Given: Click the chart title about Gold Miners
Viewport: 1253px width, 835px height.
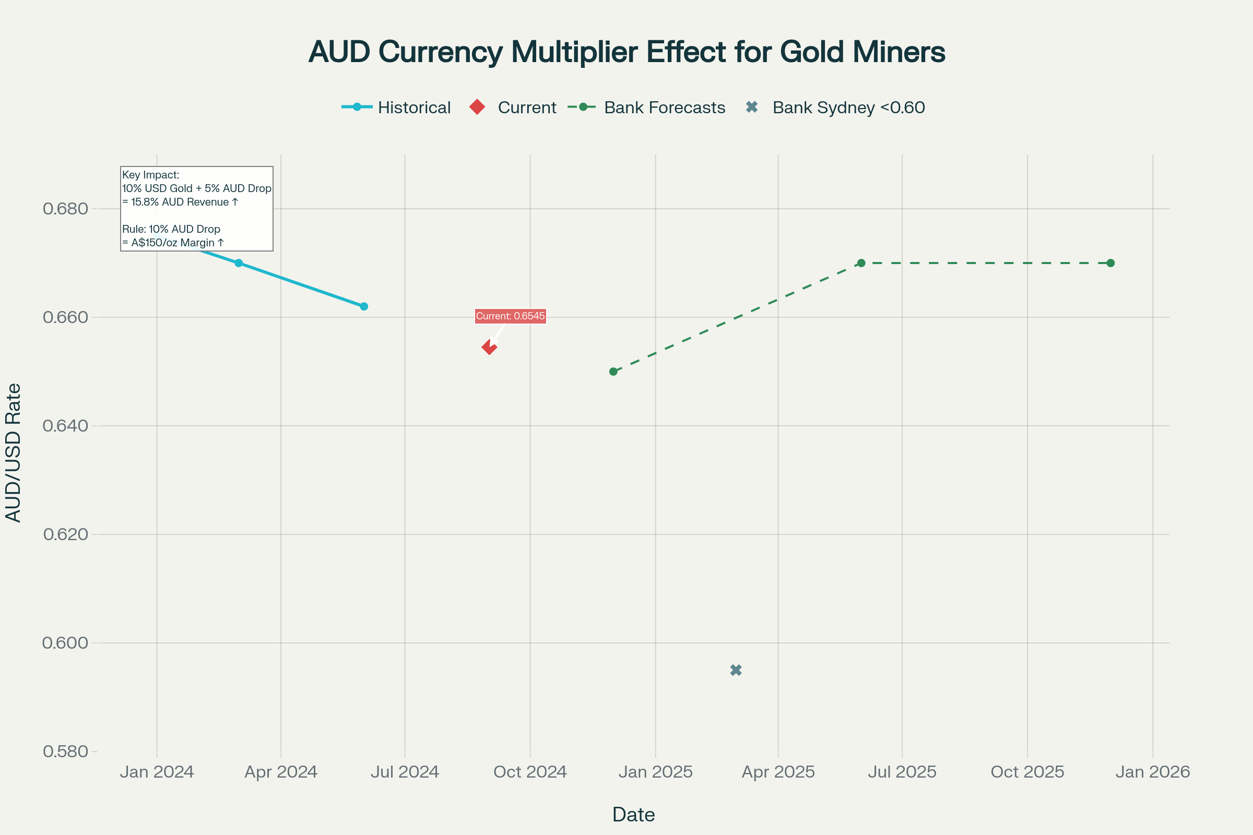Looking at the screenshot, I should coord(626,52).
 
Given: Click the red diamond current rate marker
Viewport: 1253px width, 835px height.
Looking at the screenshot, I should coord(489,348).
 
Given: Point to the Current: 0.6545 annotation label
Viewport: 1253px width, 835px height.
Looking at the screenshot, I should coord(511,316).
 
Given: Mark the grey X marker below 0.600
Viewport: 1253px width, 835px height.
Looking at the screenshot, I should coord(736,670).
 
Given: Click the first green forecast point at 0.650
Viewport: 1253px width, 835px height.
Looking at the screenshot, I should coord(613,372).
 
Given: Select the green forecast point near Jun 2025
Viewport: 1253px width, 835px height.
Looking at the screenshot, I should coord(861,263).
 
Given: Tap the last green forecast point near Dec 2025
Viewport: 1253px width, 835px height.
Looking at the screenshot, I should coord(1111,263).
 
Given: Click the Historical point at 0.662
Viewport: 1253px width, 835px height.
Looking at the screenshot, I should coord(364,306).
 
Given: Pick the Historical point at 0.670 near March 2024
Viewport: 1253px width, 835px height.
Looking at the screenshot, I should coord(239,263).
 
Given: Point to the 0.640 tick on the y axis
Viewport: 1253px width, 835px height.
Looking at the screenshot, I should coord(66,426).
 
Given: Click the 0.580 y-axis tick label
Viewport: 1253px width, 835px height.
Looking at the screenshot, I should coord(66,751).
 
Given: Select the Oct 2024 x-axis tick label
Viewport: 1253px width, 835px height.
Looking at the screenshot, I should coord(530,772).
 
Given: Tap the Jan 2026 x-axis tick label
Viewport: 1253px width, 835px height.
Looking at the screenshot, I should coord(1153,772).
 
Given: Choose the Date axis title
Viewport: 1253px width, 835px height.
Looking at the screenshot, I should coord(633,814).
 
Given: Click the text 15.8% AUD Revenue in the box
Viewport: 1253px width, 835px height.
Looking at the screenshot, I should coord(180,202).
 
